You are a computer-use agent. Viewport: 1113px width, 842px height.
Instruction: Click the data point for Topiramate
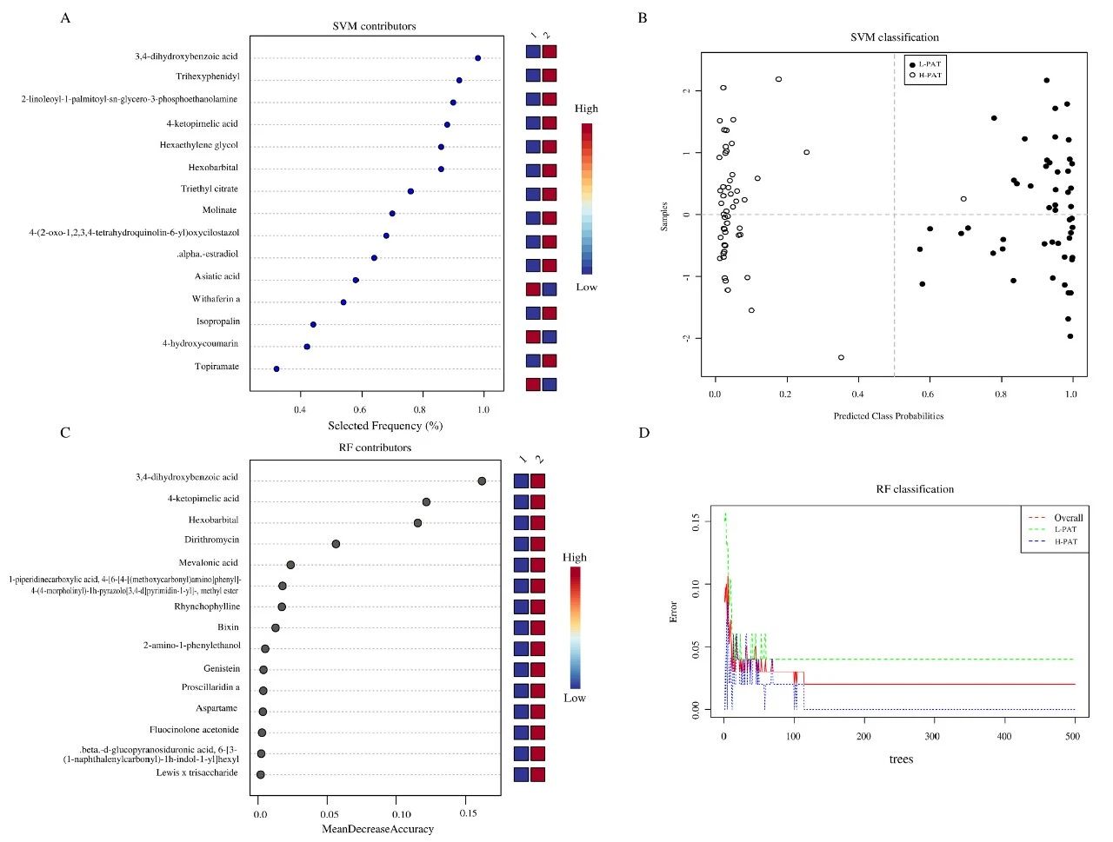click(277, 368)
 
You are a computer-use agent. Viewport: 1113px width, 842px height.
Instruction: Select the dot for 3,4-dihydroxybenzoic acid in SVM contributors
click(478, 58)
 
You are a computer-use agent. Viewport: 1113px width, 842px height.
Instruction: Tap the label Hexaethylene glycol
click(198, 145)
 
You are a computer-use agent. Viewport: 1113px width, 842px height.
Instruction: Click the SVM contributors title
click(374, 26)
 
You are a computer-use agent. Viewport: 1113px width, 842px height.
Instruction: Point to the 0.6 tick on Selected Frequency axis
click(360, 408)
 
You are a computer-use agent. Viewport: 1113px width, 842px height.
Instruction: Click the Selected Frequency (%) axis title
click(384, 426)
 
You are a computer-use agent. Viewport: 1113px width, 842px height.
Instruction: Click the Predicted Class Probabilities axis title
click(888, 416)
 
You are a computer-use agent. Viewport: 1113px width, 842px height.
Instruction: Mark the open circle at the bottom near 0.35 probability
click(841, 357)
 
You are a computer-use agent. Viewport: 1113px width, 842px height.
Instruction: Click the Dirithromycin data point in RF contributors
click(336, 544)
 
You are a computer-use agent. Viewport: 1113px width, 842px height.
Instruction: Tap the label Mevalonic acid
click(208, 562)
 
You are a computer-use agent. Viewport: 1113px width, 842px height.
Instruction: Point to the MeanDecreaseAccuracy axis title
click(377, 829)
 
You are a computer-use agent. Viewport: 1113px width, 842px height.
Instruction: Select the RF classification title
click(914, 489)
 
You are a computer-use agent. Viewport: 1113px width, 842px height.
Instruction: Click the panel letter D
click(644, 433)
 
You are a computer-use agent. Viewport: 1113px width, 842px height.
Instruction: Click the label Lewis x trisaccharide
click(197, 772)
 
